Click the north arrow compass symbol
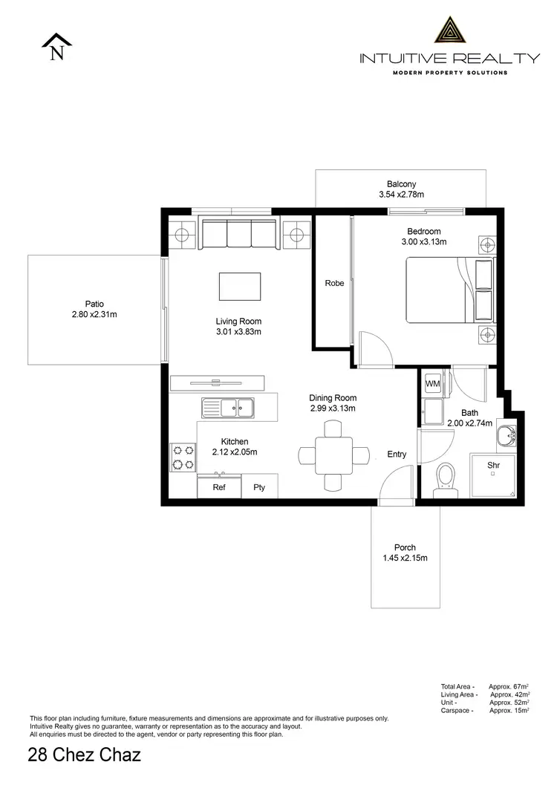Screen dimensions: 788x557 click(56, 48)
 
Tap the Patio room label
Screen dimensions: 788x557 click(94, 304)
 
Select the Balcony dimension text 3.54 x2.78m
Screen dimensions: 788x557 click(401, 195)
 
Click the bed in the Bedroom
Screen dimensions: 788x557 click(448, 290)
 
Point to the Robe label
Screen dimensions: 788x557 click(334, 283)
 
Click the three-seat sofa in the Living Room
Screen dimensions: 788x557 click(239, 234)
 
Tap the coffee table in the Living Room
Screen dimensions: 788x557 click(240, 286)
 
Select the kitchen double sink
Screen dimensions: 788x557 click(228, 406)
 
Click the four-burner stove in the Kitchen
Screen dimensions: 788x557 click(183, 457)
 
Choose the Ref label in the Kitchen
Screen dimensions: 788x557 click(219, 488)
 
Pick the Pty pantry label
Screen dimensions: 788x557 click(259, 488)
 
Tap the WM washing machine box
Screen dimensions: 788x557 click(432, 384)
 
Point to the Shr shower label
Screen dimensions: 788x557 click(492, 465)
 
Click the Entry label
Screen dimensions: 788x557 click(397, 454)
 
